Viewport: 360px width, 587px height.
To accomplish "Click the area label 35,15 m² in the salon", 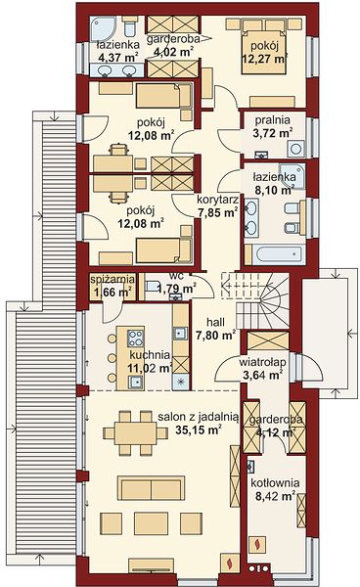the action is (x=198, y=429).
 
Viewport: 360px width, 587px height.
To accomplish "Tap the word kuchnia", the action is (x=150, y=354).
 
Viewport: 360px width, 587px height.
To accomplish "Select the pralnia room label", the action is (x=272, y=120).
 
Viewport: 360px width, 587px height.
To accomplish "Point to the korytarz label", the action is (x=218, y=200).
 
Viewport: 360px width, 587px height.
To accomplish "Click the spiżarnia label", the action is (x=112, y=279).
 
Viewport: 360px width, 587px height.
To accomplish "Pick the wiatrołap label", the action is (x=263, y=362).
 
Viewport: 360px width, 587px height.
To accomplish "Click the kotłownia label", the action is (x=275, y=483).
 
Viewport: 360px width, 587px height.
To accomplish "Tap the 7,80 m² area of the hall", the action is (x=216, y=335).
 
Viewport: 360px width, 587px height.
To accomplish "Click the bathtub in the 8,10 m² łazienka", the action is (x=279, y=255).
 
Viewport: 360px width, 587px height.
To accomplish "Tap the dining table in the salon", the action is (x=135, y=433).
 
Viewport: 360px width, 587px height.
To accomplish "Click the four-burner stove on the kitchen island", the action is (x=135, y=339).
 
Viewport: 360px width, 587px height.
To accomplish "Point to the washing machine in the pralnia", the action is (x=295, y=149).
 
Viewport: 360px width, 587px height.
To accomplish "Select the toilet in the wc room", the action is (x=153, y=287).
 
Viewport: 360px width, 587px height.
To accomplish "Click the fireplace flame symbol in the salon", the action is (x=229, y=564).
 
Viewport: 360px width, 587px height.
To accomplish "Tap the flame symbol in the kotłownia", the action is (x=257, y=545).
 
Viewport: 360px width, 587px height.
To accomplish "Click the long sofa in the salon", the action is (x=151, y=488).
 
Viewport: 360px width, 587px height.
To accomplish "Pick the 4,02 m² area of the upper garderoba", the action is (x=173, y=52).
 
